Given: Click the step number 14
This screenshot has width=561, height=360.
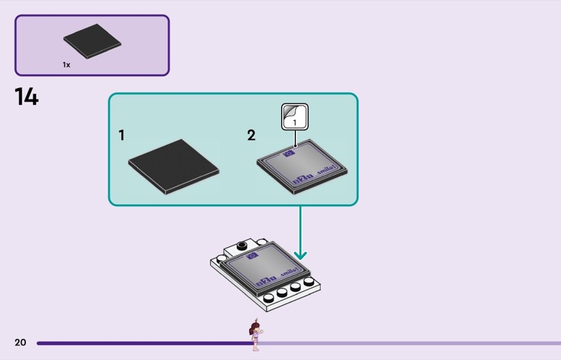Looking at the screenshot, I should tap(27, 97).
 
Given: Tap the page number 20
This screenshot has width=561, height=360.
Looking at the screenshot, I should tap(20, 342).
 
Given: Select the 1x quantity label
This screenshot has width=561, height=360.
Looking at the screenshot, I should tap(67, 65).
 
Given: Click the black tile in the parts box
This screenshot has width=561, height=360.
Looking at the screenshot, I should tap(92, 44).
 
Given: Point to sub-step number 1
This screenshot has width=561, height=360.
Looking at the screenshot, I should tap(122, 135).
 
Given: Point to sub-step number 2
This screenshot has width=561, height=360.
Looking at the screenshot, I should tap(251, 135).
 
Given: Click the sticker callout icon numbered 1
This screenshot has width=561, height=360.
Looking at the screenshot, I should tap(295, 116).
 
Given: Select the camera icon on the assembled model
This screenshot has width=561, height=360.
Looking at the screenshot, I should tap(253, 257).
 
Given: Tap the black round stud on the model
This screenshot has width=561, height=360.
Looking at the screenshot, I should tap(242, 245).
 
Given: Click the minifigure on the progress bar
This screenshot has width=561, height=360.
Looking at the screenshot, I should tap(253, 335).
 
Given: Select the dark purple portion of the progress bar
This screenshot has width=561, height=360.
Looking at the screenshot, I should tap(140, 343).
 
